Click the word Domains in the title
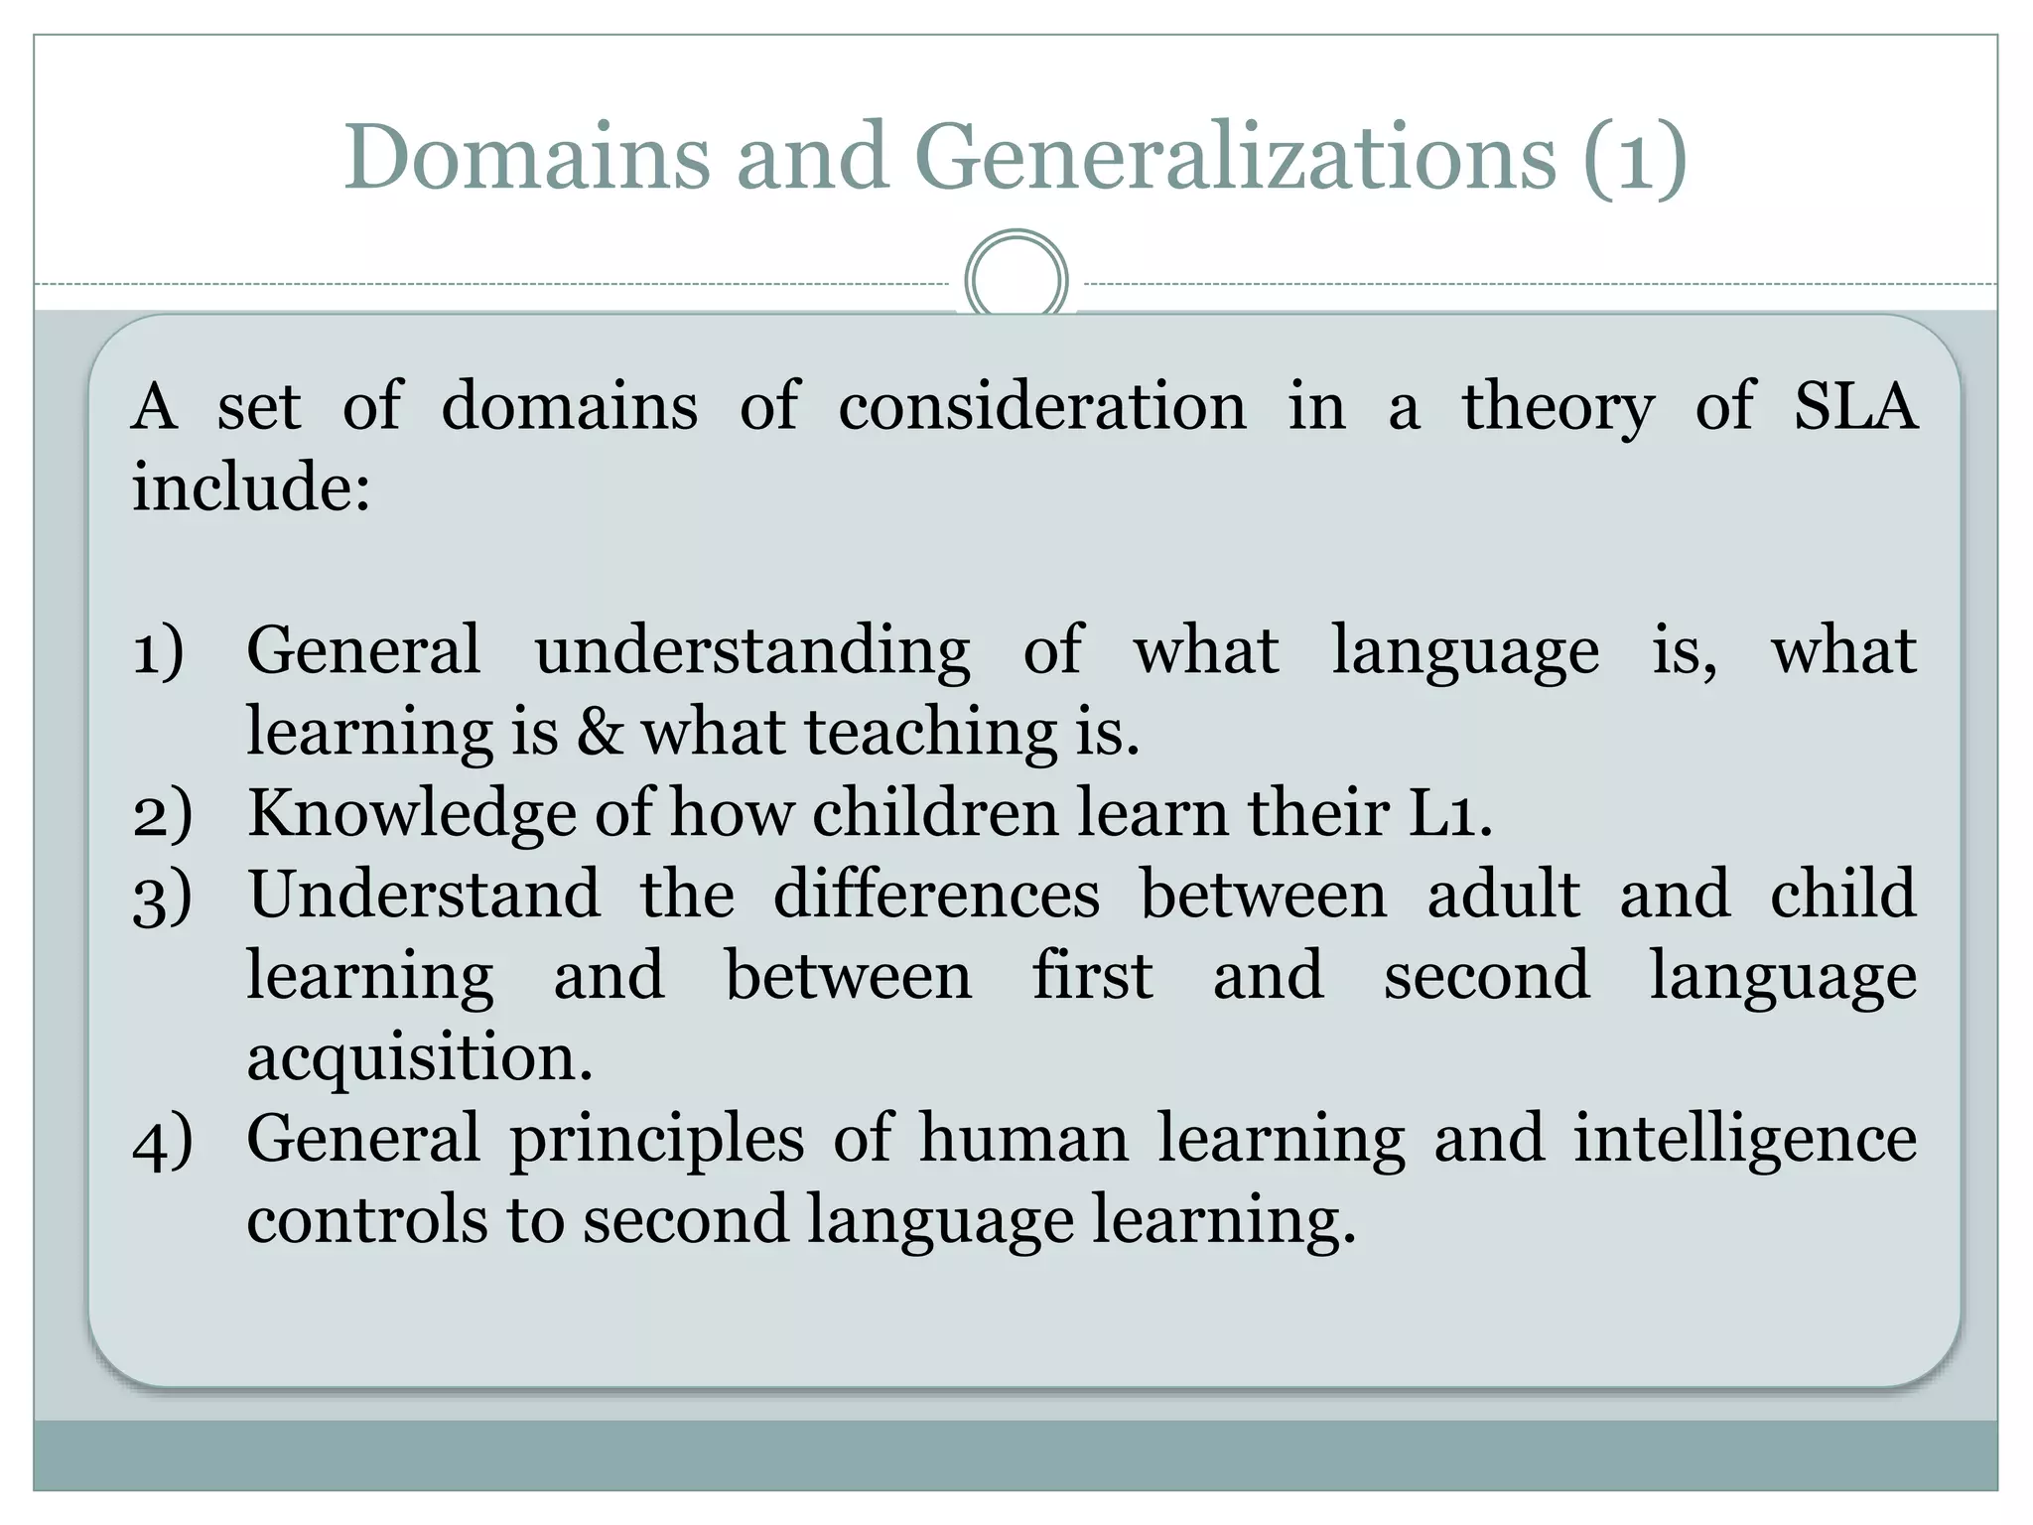coord(526,157)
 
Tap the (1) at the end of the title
coord(1634,159)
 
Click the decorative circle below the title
coord(1016,279)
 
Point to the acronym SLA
coord(1854,407)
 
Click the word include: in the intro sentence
coord(252,487)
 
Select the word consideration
coord(1041,407)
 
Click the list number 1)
coord(159,652)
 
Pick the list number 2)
coord(162,815)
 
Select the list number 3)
coord(162,897)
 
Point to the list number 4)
coord(162,1141)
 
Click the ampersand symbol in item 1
coord(600,732)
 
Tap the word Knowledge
coord(411,815)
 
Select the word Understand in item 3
coord(424,895)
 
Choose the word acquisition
coord(419,1059)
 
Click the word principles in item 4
coord(656,1141)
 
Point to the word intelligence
coord(1744,1141)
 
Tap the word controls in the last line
coord(366,1220)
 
